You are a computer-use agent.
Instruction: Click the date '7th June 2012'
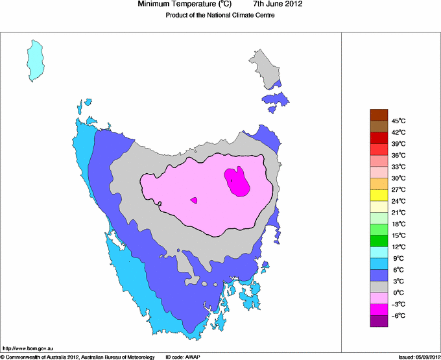277,5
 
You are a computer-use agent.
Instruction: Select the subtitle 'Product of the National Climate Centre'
220,16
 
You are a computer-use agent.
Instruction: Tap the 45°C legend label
398,121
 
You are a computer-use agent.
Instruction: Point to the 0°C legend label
398,293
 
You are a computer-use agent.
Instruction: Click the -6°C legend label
398,315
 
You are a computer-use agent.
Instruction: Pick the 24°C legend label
398,201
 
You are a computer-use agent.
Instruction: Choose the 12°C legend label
398,247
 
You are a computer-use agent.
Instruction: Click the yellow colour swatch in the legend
379,195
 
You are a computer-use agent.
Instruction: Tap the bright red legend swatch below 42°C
379,138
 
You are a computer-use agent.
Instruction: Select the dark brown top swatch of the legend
379,115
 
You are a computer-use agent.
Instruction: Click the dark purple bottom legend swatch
379,321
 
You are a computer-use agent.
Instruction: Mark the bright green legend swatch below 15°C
379,241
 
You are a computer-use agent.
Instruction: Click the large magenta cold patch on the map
237,181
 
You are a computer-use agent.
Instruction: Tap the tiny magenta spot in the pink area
194,200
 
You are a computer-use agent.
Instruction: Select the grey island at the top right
266,66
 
